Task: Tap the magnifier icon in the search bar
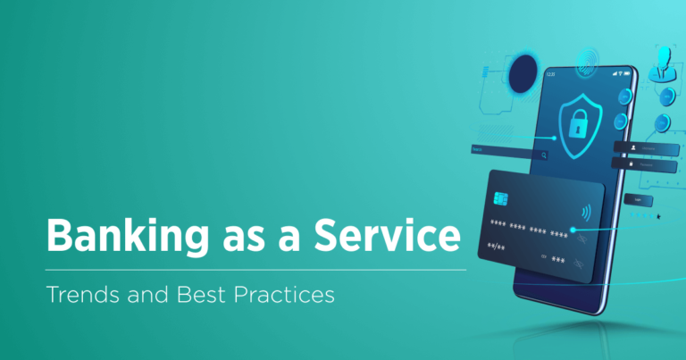click(542, 155)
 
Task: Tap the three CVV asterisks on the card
click(558, 257)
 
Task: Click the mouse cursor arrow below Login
click(659, 215)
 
